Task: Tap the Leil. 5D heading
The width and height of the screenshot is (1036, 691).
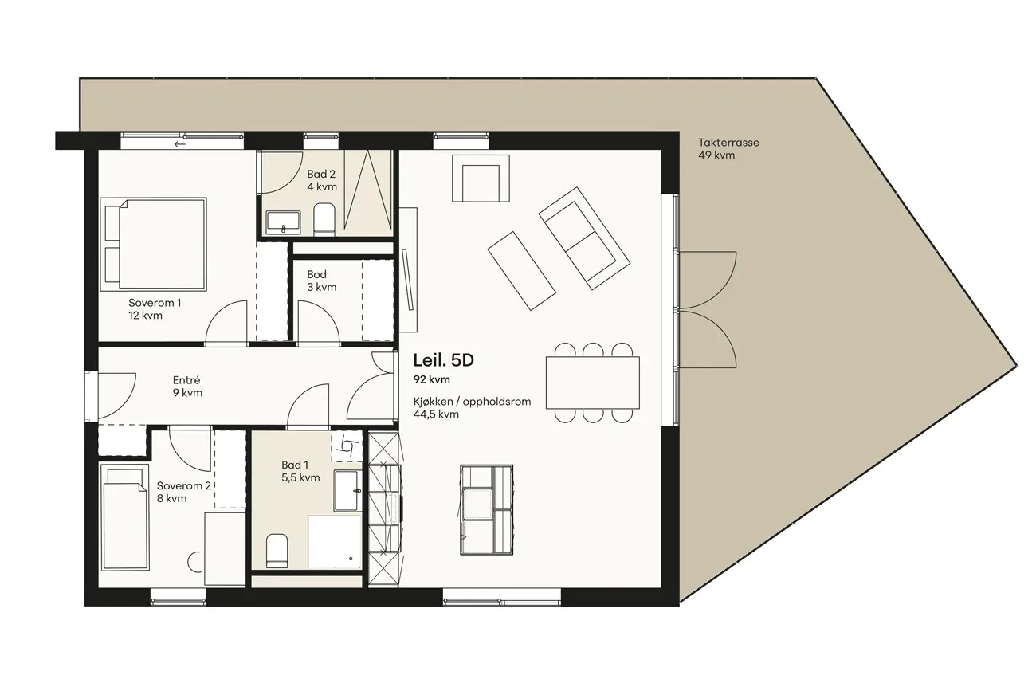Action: tap(444, 360)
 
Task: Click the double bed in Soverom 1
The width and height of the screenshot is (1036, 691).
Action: tap(153, 244)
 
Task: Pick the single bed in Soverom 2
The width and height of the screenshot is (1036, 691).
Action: tap(125, 517)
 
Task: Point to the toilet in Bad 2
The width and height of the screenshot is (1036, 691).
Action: tap(324, 218)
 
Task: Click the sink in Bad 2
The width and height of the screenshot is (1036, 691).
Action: tap(283, 222)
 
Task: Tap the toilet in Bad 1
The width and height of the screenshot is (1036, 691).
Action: tap(277, 551)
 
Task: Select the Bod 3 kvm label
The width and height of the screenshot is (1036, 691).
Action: tap(321, 281)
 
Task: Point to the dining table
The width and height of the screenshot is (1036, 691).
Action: tap(592, 383)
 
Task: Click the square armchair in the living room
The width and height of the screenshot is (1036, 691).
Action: tap(481, 178)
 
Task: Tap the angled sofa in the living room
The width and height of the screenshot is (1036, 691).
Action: tap(585, 238)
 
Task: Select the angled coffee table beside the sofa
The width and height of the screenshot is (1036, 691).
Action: tap(522, 270)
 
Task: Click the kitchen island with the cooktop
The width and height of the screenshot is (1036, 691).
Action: tap(487, 510)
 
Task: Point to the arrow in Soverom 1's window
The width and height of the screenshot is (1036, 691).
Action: tap(180, 144)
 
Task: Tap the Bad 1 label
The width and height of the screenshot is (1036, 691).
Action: tap(295, 465)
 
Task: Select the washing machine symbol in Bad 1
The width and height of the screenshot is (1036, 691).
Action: tap(347, 447)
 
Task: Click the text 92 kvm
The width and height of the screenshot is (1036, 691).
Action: tap(431, 379)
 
